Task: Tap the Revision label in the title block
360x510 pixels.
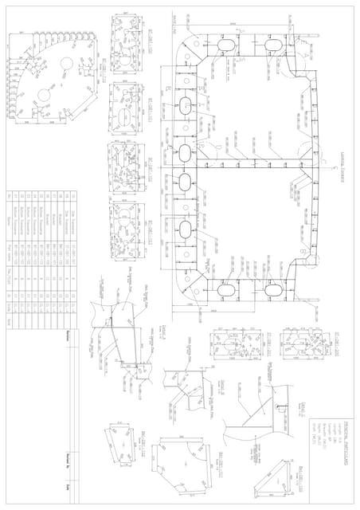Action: pos(69,334)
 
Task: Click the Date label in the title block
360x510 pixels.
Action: pos(69,485)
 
